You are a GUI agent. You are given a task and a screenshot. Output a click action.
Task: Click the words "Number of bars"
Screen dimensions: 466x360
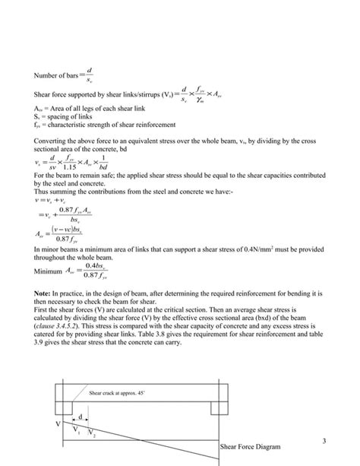point(53,76)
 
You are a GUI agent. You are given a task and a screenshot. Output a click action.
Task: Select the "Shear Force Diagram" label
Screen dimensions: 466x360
point(251,446)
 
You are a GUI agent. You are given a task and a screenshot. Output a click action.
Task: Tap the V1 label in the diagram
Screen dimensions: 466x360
point(77,431)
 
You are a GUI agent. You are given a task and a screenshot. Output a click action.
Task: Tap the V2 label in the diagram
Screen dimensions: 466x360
point(91,436)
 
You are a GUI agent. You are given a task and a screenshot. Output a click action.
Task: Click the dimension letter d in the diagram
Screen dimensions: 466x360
point(81,417)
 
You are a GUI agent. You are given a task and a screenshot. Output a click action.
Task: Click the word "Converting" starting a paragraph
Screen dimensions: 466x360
point(51,141)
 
